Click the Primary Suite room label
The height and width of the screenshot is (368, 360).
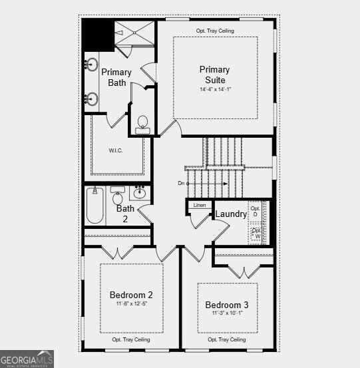point(214,75)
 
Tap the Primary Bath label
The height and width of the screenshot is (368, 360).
point(116,77)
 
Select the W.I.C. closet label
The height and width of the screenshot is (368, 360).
point(116,150)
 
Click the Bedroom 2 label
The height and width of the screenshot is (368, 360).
point(131,295)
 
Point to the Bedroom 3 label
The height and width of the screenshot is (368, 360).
point(228,305)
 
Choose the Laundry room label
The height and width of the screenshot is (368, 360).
point(231,214)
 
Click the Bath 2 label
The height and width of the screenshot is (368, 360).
point(125,213)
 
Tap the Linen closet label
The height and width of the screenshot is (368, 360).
point(200,206)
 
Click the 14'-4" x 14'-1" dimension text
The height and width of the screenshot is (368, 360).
point(214,89)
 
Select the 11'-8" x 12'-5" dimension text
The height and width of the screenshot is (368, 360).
point(131,304)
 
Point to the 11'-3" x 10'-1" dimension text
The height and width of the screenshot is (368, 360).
point(228,313)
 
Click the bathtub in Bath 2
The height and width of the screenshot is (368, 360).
point(94,206)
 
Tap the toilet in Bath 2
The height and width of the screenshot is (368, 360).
point(118,198)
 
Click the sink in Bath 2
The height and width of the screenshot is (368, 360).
point(140,194)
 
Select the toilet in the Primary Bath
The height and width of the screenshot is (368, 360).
point(142,124)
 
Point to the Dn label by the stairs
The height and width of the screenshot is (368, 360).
point(181,183)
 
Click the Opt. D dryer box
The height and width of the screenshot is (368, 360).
point(255,212)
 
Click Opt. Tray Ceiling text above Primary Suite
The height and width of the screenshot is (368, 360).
point(215,31)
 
